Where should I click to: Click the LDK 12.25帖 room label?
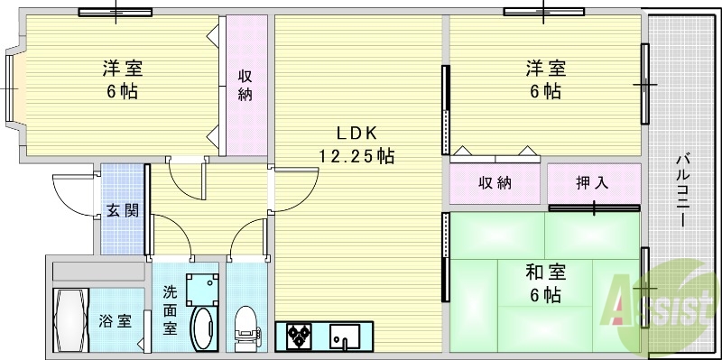[356, 143]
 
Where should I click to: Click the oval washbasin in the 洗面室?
[205, 328]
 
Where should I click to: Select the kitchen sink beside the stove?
[345, 337]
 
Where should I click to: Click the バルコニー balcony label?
[683, 190]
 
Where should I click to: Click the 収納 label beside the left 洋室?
[245, 85]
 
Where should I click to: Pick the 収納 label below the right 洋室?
[495, 182]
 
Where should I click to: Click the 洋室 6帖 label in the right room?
[545, 79]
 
